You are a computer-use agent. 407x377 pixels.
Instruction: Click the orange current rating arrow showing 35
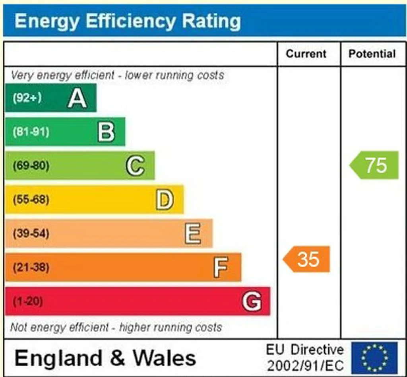[306, 259]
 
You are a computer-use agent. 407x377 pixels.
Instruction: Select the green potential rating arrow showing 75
[374, 165]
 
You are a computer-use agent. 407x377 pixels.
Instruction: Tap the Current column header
[306, 54]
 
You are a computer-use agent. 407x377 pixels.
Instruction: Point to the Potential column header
[372, 54]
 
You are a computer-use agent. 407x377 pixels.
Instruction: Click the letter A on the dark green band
[77, 98]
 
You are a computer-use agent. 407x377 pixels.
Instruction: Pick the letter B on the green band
[106, 132]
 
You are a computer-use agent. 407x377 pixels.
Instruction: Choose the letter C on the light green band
[135, 166]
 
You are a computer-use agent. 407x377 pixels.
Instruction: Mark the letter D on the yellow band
[165, 200]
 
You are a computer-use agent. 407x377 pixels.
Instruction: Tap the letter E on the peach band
[193, 233]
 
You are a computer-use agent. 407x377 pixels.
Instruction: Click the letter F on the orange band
[221, 267]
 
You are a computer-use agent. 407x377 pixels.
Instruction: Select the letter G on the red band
[252, 301]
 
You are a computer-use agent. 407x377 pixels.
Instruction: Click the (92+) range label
[27, 98]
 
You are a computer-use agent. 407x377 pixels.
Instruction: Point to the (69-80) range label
[31, 166]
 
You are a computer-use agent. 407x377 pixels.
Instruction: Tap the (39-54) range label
[31, 233]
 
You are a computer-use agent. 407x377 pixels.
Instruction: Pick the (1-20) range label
[28, 301]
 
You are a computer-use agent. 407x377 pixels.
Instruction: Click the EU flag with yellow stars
[374, 358]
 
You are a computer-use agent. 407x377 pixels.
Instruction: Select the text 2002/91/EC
[306, 366]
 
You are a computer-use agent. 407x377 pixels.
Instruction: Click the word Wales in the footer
[165, 358]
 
